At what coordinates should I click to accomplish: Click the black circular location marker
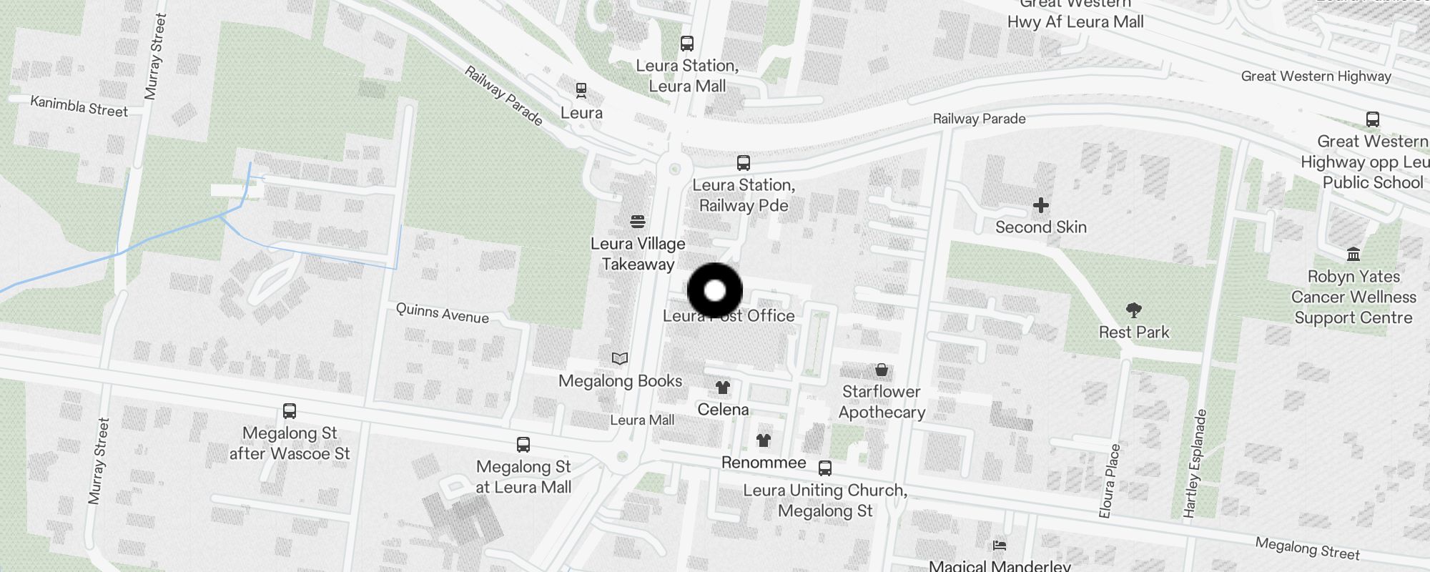click(x=715, y=291)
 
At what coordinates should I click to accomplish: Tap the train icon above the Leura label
click(x=581, y=91)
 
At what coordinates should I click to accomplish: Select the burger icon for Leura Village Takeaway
click(x=638, y=222)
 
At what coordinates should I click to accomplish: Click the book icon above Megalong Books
click(x=620, y=358)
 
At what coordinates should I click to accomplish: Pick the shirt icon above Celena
click(x=723, y=388)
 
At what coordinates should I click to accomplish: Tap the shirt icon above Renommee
click(x=764, y=440)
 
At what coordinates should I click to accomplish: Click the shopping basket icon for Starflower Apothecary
click(x=882, y=370)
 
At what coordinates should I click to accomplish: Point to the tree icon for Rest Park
click(x=1133, y=310)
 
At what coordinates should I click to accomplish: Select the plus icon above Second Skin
click(x=1041, y=206)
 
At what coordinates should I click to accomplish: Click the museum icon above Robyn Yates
click(x=1353, y=255)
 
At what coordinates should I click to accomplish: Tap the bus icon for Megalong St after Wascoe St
click(x=290, y=411)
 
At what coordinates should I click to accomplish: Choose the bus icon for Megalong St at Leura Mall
click(x=523, y=445)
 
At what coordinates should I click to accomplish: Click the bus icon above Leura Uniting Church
click(x=825, y=468)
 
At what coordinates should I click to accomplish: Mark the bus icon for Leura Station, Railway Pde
click(x=744, y=163)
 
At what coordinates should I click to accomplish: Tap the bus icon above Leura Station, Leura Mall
click(x=687, y=44)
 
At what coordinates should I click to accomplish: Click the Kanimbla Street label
click(x=79, y=107)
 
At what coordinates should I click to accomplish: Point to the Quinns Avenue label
click(x=443, y=313)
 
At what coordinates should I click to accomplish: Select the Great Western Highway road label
click(x=1316, y=77)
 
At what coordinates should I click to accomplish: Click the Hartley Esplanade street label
click(x=1195, y=463)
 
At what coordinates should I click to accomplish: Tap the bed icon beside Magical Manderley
click(x=1000, y=546)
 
